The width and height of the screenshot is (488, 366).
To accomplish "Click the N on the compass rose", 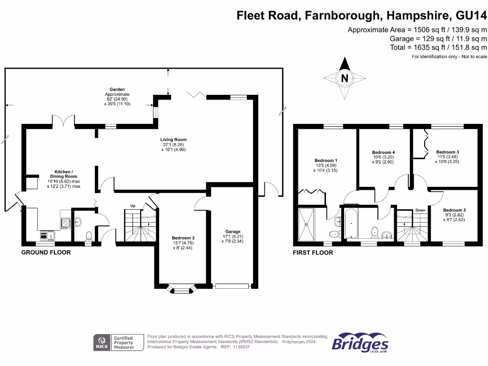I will point(345,78).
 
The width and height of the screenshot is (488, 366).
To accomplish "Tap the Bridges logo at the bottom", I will point(360,343).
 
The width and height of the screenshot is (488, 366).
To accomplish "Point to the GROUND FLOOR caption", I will point(46,253).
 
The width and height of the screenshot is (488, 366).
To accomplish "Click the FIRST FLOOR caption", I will point(313,253).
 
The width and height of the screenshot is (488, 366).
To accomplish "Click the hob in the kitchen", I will point(66,222).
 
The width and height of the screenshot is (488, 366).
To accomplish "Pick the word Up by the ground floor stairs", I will point(133,206).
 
